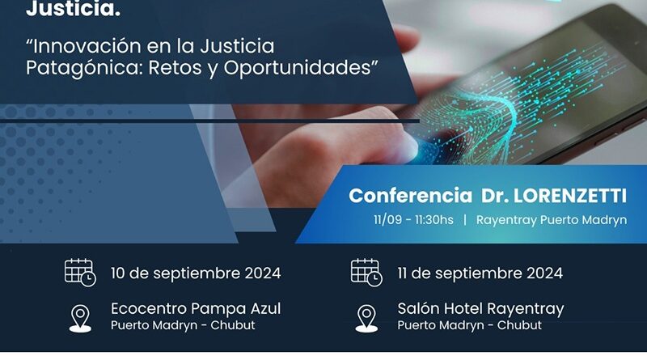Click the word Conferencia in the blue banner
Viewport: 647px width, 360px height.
(410, 196)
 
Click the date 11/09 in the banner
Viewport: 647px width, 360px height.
(389, 220)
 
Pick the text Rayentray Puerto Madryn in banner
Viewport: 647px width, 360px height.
(552, 220)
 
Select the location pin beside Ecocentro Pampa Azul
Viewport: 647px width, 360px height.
(80, 316)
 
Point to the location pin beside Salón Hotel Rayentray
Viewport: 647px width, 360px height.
(366, 316)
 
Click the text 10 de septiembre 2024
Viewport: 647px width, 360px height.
(196, 273)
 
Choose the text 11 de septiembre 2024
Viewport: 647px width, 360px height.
(480, 273)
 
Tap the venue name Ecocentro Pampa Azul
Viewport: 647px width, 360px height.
(196, 308)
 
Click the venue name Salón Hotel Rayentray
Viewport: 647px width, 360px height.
(480, 308)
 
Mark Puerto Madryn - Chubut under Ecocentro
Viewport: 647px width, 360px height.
(183, 325)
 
